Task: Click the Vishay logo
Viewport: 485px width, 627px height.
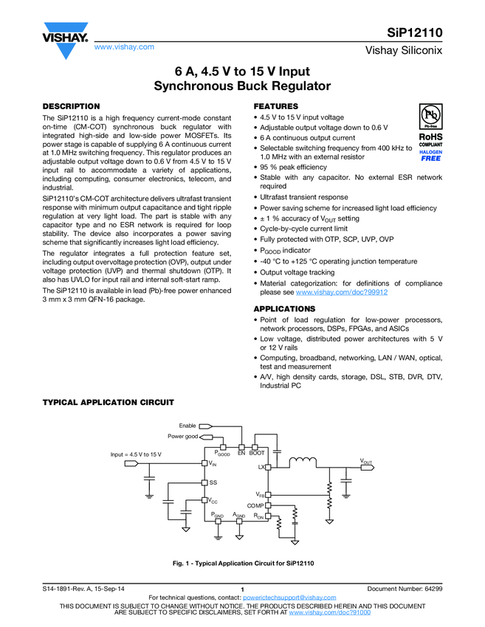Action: pyautogui.click(x=65, y=40)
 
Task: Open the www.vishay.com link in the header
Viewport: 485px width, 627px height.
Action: pyautogui.click(x=124, y=46)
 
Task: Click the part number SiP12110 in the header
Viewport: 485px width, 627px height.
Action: pyautogui.click(x=415, y=32)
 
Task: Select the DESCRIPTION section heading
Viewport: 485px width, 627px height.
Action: pyautogui.click(x=71, y=106)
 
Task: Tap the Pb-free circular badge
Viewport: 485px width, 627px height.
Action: pyautogui.click(x=430, y=116)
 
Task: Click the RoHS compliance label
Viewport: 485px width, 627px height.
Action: pyautogui.click(x=430, y=139)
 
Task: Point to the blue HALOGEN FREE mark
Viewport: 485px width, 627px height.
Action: pyautogui.click(x=430, y=156)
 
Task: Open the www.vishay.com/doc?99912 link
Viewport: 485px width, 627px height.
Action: pyautogui.click(x=342, y=292)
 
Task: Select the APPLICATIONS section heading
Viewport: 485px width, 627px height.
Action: pyautogui.click(x=284, y=308)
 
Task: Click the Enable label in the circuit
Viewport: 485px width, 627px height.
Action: pyautogui.click(x=188, y=426)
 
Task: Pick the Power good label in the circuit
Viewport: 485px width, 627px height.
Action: pyautogui.click(x=183, y=436)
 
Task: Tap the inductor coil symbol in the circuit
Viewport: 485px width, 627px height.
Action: pyautogui.click(x=303, y=463)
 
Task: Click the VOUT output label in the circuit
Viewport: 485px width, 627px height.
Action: pyautogui.click(x=366, y=461)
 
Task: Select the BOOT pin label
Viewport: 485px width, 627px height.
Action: pyautogui.click(x=257, y=453)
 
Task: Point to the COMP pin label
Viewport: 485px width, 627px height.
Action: pyautogui.click(x=255, y=506)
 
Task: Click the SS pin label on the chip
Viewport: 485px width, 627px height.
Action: pyautogui.click(x=213, y=482)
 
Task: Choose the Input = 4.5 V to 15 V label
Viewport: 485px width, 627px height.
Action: pyautogui.click(x=136, y=454)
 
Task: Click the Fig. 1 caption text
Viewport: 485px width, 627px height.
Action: pyautogui.click(x=244, y=564)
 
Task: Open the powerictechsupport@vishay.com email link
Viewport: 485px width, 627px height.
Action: pyautogui.click(x=289, y=597)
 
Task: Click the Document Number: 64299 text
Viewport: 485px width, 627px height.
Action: pyautogui.click(x=405, y=589)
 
